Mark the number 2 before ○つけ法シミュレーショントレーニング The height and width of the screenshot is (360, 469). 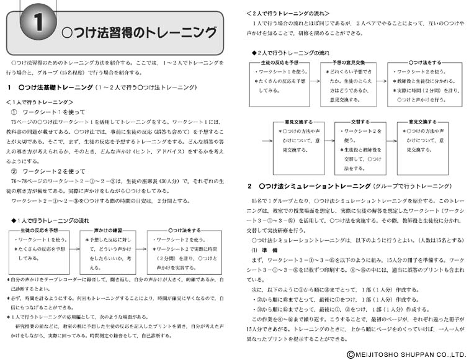pos(249,186)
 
